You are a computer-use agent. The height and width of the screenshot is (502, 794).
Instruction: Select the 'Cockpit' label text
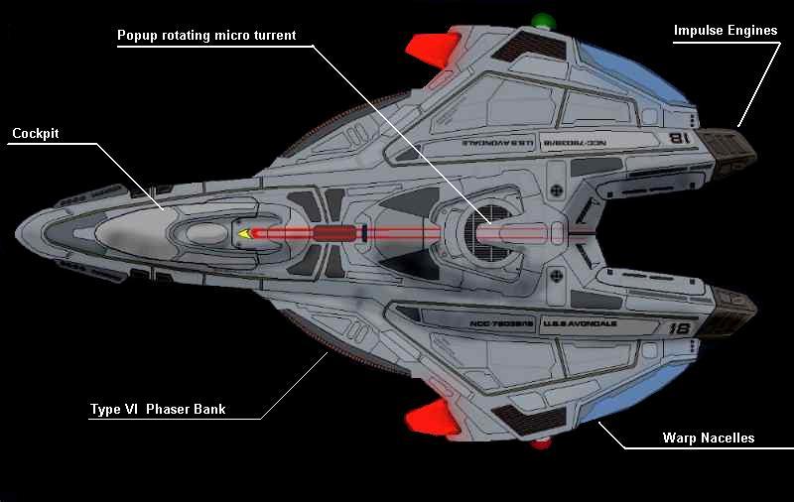(x=37, y=134)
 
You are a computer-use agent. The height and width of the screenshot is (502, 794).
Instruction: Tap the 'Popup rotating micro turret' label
(x=206, y=35)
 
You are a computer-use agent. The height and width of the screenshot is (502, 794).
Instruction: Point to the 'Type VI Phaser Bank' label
(x=158, y=409)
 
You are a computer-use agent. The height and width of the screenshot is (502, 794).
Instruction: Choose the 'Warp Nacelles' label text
(x=708, y=438)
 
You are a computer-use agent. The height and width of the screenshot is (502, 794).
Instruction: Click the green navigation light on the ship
(x=542, y=21)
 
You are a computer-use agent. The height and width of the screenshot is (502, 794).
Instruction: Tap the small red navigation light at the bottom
(x=541, y=443)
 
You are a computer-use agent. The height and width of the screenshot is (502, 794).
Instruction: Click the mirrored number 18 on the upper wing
(x=680, y=139)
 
